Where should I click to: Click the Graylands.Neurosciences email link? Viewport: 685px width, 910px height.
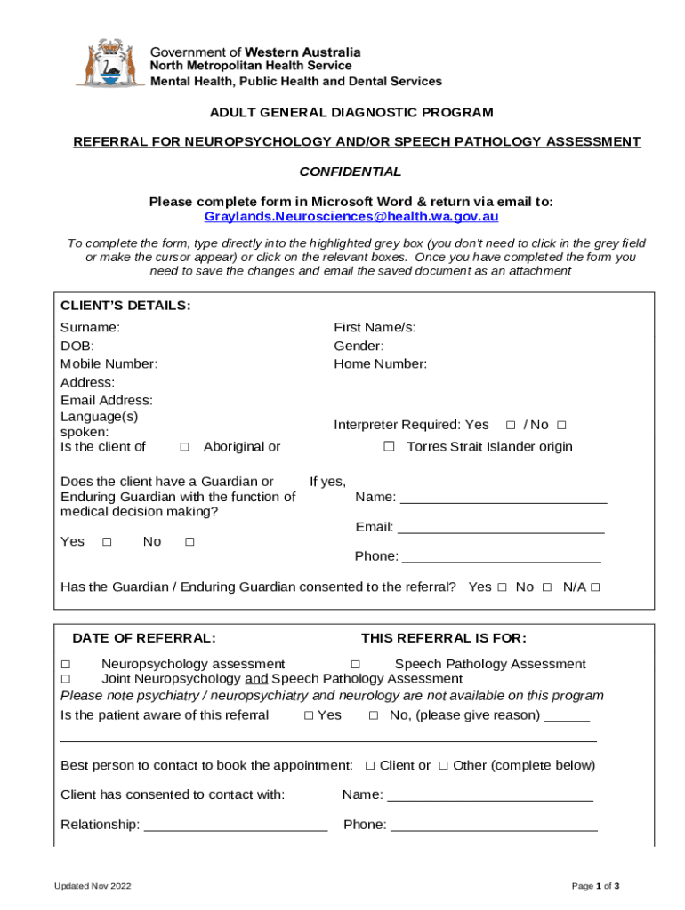pyautogui.click(x=351, y=216)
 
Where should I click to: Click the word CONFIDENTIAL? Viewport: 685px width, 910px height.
pyautogui.click(x=350, y=172)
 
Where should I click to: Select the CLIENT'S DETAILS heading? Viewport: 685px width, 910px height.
pyautogui.click(x=125, y=306)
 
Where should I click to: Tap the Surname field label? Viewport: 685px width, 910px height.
pyautogui.click(x=90, y=327)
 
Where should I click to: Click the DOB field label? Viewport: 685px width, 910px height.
pyautogui.click(x=77, y=346)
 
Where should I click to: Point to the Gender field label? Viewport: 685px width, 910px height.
pyautogui.click(x=359, y=346)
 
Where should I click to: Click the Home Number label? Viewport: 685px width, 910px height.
pyautogui.click(x=380, y=363)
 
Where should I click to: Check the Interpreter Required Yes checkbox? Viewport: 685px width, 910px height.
pyautogui.click(x=511, y=425)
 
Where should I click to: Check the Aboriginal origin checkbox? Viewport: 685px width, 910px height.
pyautogui.click(x=184, y=446)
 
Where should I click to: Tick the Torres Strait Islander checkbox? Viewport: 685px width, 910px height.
pyautogui.click(x=389, y=446)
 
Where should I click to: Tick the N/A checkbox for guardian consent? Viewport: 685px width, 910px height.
pyautogui.click(x=595, y=587)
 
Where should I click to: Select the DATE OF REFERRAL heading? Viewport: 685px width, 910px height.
pyautogui.click(x=143, y=638)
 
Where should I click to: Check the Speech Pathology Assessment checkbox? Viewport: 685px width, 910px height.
pyautogui.click(x=355, y=664)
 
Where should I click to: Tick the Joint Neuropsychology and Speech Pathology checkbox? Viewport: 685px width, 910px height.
pyautogui.click(x=66, y=678)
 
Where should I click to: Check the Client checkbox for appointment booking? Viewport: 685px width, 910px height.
pyautogui.click(x=370, y=765)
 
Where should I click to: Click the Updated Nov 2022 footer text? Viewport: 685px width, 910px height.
pyautogui.click(x=93, y=886)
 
